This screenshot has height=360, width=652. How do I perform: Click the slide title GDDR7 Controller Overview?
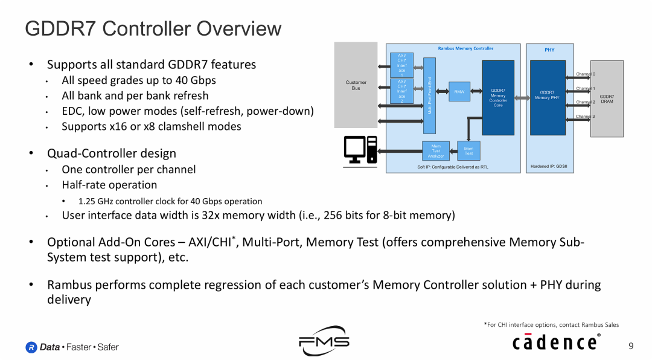coord(153,28)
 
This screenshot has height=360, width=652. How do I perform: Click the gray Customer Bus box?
coord(356,85)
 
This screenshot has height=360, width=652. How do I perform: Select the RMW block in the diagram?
coord(459,92)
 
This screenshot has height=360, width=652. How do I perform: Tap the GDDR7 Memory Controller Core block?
coord(498,98)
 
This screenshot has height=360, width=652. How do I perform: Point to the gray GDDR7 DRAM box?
coord(606,98)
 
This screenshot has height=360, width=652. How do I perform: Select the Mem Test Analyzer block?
coord(436,151)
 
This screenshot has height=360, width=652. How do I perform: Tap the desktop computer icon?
coord(360,150)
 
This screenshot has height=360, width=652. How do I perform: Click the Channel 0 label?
coord(585,74)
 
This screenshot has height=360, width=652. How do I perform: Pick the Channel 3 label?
coord(585,116)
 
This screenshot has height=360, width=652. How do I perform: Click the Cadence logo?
coord(556,342)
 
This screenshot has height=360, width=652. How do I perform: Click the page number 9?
coord(631,346)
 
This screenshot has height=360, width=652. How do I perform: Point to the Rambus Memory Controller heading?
coord(465,48)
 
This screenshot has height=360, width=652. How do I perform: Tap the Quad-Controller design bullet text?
coord(112,153)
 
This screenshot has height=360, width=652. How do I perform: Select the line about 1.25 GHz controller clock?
coord(170,201)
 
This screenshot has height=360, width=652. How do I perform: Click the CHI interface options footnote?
coord(551,324)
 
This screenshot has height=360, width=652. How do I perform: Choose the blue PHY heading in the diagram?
coord(549,50)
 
